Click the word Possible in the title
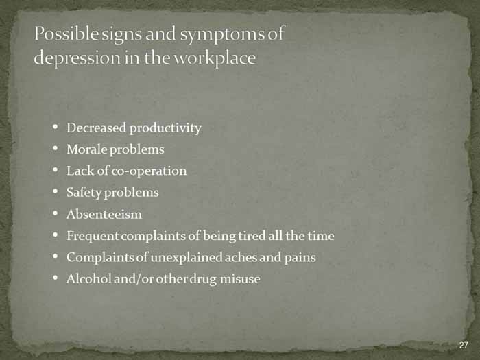tap(67, 33)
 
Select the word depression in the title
tap(77, 58)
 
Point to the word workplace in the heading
tap(215, 58)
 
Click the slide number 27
tap(464, 345)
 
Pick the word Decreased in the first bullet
tap(96, 128)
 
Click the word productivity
tap(166, 129)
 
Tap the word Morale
tap(86, 149)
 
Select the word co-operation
tap(149, 171)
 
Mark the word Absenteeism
tap(104, 214)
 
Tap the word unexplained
tap(187, 258)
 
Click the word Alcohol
tap(88, 278)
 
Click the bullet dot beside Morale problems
tap(55, 149)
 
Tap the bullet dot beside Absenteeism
tap(55, 213)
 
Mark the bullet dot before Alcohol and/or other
tap(55, 278)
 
